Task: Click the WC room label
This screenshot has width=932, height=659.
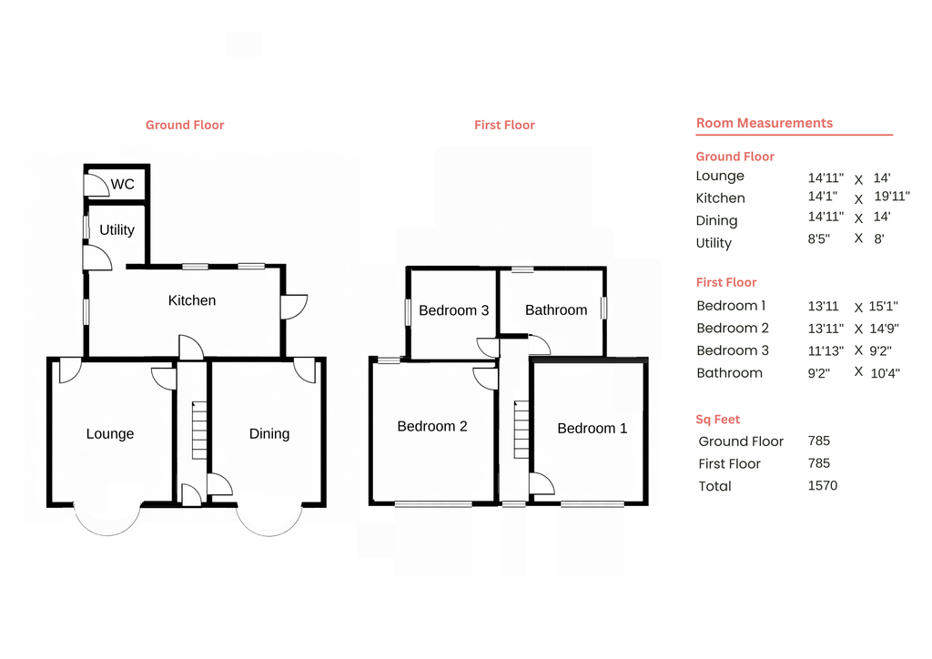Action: click(123, 185)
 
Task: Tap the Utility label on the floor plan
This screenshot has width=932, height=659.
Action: click(116, 230)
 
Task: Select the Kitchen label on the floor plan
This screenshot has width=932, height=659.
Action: click(192, 300)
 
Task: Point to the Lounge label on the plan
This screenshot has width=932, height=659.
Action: click(110, 434)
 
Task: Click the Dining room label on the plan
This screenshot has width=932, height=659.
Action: click(269, 434)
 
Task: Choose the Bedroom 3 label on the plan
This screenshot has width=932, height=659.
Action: click(453, 310)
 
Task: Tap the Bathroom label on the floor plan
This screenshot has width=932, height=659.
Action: click(556, 310)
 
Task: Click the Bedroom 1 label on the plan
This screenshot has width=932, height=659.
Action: click(592, 428)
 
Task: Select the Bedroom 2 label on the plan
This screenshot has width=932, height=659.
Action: click(432, 426)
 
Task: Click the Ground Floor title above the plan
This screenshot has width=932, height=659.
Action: click(185, 125)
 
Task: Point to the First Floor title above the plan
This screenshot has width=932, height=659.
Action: click(504, 125)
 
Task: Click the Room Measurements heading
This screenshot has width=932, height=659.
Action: click(764, 123)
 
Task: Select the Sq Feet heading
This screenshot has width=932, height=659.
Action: click(718, 420)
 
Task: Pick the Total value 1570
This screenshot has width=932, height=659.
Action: click(822, 485)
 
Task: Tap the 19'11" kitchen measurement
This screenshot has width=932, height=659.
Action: click(891, 196)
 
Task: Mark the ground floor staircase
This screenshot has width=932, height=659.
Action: click(200, 431)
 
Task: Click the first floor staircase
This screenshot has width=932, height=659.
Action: click(522, 430)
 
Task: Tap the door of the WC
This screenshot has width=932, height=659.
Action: click(95, 185)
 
